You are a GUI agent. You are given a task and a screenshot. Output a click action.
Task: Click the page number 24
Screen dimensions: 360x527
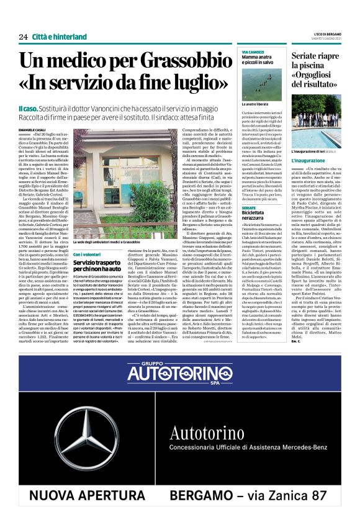click(x=24, y=37)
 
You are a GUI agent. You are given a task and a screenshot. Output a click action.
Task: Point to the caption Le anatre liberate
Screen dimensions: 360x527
click(x=254, y=121)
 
